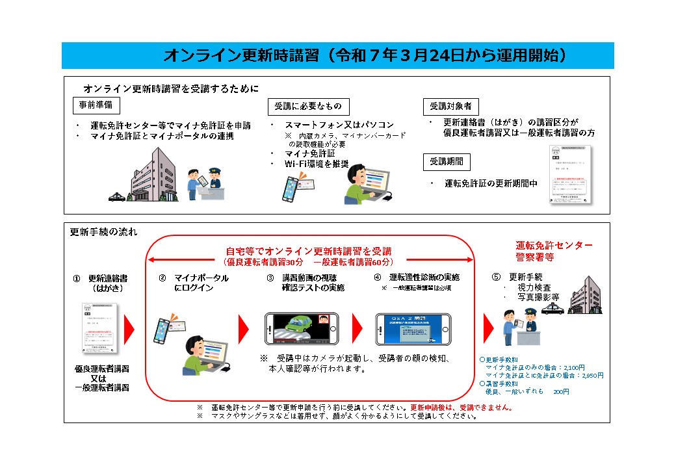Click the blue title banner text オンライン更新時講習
240,55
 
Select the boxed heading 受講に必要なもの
308,107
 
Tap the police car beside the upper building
117,196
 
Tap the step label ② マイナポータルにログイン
193,282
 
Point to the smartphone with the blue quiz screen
413,329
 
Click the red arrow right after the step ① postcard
129,329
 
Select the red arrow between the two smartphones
356,329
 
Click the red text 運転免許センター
554,245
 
